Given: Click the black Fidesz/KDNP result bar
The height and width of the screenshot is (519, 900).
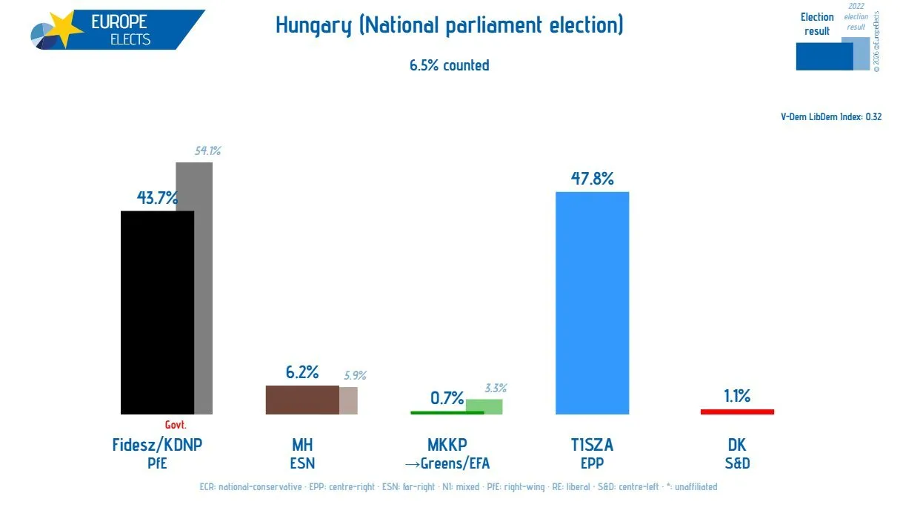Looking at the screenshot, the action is (x=157, y=312).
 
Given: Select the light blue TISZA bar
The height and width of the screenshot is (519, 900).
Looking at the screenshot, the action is (x=593, y=303).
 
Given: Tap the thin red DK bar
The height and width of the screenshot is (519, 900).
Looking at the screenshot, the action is (x=737, y=411).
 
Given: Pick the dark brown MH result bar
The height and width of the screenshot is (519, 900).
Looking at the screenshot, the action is (x=302, y=400).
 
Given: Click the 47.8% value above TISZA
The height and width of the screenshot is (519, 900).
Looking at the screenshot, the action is (x=593, y=179).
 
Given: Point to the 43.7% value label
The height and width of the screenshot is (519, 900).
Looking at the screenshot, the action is (x=157, y=198).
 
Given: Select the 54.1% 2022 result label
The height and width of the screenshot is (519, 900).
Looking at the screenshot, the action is (x=207, y=151).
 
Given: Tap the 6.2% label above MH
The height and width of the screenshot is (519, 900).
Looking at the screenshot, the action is (x=302, y=372).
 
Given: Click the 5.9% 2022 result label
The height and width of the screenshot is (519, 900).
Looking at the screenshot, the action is (x=355, y=375).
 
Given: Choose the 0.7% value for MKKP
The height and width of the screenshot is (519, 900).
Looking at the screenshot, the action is (x=447, y=398).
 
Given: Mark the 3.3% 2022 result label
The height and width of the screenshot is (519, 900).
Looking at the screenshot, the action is (x=496, y=389).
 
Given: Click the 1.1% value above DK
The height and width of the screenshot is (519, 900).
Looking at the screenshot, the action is (x=737, y=396).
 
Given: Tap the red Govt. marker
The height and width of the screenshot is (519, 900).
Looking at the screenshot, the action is (x=176, y=425).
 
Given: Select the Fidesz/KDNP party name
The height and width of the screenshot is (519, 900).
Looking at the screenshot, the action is (x=157, y=445).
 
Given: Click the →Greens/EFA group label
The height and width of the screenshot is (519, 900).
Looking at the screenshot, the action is (x=447, y=463).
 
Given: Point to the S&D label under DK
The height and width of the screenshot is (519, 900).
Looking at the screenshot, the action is (x=737, y=463).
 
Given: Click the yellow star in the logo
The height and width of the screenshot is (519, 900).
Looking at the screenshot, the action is (x=65, y=29).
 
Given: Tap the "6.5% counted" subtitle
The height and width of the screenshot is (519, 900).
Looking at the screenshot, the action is (x=449, y=65).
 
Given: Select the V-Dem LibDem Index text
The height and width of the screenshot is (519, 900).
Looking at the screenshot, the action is (x=831, y=117).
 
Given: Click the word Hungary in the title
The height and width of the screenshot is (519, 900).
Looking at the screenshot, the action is (x=314, y=25).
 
